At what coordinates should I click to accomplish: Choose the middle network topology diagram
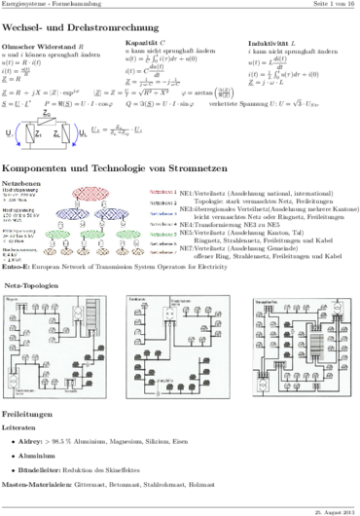click(175, 334)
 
